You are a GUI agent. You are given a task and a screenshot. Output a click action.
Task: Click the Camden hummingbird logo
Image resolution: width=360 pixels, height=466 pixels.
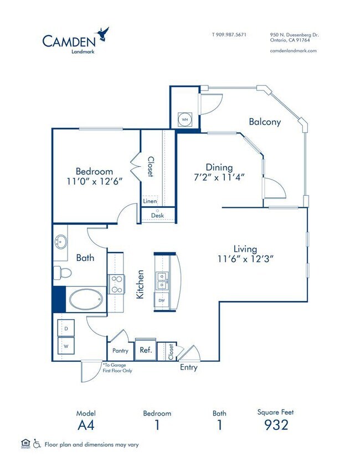tap(102, 34)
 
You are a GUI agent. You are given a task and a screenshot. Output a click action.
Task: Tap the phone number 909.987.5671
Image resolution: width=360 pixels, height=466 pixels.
tap(229, 34)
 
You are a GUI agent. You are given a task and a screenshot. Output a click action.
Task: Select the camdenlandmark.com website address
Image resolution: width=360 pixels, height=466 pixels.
tap(294, 50)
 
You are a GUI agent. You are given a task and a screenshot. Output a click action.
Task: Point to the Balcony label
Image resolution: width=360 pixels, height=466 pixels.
tap(264, 122)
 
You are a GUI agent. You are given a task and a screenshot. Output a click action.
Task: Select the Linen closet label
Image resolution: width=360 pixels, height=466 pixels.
tap(150, 201)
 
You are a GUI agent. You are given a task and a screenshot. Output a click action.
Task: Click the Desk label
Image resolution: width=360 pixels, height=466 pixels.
tap(158, 216)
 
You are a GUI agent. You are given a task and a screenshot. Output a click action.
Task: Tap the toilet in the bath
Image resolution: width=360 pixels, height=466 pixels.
tap(61, 273)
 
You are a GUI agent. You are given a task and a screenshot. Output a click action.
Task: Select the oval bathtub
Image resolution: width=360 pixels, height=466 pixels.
tap(85, 300)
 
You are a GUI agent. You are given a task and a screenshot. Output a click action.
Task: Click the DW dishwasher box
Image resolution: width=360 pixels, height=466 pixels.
tap(162, 300)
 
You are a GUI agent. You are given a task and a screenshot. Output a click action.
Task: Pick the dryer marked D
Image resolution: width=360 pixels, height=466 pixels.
tap(66, 329)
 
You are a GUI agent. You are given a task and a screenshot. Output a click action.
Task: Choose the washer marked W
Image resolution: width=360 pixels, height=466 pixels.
tap(66, 345)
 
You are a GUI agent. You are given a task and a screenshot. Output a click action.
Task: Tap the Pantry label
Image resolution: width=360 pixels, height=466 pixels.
tap(120, 351)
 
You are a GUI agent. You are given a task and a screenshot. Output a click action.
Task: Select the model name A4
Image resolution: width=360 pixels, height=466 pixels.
tap(86, 425)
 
